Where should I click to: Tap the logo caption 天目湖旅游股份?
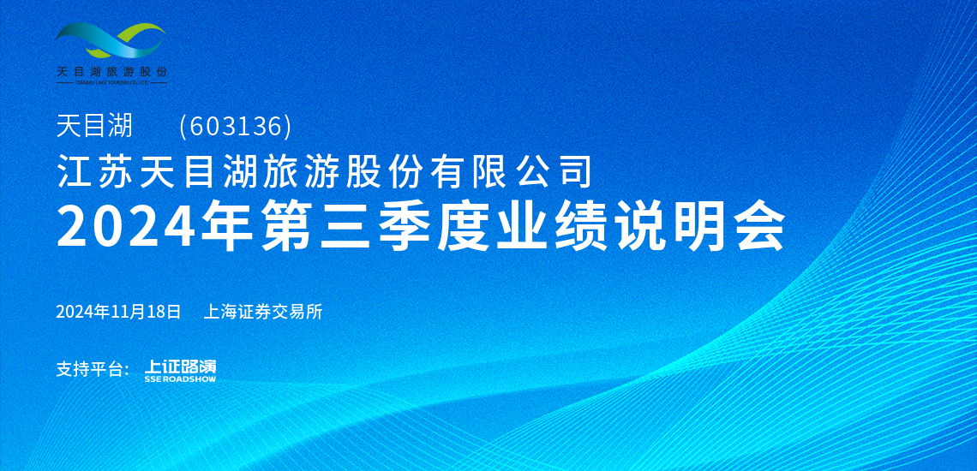111,71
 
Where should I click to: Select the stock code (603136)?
235,127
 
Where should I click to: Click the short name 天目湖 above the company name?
95,127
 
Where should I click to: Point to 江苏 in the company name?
95,172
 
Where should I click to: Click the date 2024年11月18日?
118,312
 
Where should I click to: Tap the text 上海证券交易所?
263,312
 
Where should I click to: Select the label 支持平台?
93,369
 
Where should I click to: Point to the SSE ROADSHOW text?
180,379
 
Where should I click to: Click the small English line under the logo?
111,81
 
